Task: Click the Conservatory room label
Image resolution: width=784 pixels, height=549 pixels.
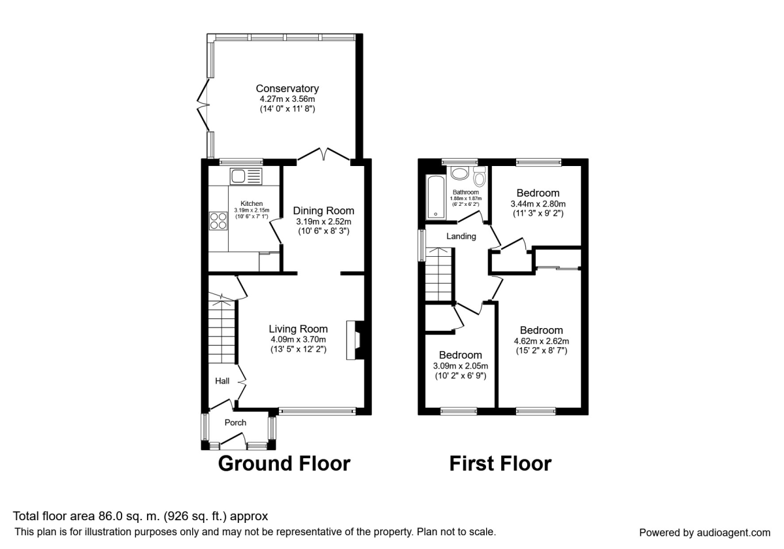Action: pyautogui.click(x=287, y=88)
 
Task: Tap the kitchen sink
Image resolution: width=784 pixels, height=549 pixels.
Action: pyautogui.click(x=245, y=176)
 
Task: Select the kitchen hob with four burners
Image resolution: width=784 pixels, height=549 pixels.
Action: pyautogui.click(x=218, y=221)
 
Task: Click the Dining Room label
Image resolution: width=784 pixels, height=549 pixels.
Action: pyautogui.click(x=323, y=210)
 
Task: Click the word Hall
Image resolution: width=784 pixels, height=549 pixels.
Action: pyautogui.click(x=223, y=380)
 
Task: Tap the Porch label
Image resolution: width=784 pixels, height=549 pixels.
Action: pyautogui.click(x=235, y=422)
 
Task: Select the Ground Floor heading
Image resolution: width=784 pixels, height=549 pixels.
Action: pyautogui.click(x=284, y=463)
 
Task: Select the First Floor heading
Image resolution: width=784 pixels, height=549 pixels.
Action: pyautogui.click(x=500, y=463)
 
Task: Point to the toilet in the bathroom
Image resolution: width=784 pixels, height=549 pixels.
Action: pyautogui.click(x=480, y=176)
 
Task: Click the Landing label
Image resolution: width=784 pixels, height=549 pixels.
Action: pyautogui.click(x=461, y=236)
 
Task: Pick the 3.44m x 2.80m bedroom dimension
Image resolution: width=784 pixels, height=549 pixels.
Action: pyautogui.click(x=538, y=204)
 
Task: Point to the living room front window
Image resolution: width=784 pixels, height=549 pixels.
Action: pyautogui.click(x=318, y=411)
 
